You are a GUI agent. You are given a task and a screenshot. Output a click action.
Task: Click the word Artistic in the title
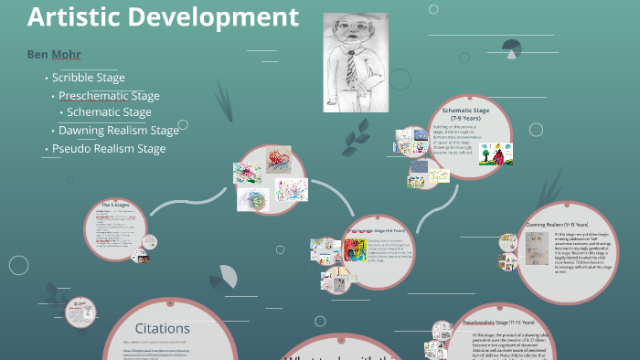point(71,16)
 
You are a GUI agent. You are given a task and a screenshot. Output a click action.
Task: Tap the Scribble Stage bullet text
point(88,78)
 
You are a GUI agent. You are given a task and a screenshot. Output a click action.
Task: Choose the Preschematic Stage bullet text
point(109,95)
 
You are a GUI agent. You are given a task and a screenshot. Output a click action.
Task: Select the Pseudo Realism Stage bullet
point(109,148)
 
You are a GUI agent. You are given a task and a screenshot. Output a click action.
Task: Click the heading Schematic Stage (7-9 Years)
point(465,113)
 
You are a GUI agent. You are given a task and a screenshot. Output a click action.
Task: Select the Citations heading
point(163,328)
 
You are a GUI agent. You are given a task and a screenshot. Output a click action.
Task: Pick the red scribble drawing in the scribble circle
point(279,164)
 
